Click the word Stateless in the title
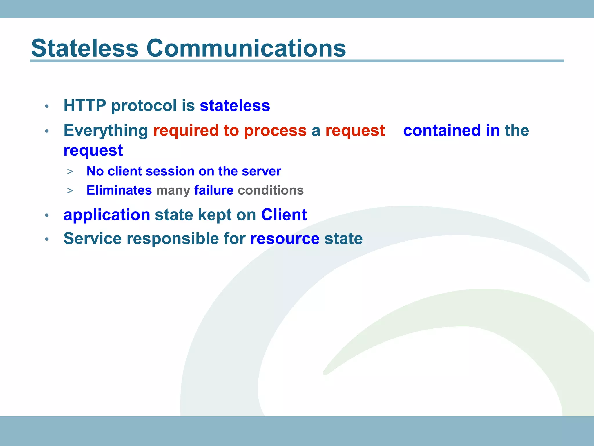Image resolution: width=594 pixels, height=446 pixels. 85,48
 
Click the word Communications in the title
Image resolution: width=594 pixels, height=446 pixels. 246,48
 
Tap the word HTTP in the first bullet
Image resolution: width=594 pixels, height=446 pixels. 85,105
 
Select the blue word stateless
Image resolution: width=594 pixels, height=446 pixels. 235,105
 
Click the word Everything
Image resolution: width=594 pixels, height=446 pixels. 106,131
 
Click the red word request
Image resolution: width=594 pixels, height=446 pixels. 355,131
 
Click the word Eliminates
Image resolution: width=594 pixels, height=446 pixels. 119,190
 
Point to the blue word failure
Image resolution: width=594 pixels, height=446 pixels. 214,190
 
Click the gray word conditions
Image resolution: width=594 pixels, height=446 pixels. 271,190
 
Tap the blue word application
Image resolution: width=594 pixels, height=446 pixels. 107,215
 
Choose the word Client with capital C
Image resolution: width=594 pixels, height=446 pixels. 284,215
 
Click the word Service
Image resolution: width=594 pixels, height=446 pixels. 93,239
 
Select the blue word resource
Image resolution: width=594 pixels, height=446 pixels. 285,239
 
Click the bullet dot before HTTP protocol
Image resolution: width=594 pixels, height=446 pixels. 47,107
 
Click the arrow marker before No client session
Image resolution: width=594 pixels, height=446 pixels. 70,172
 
